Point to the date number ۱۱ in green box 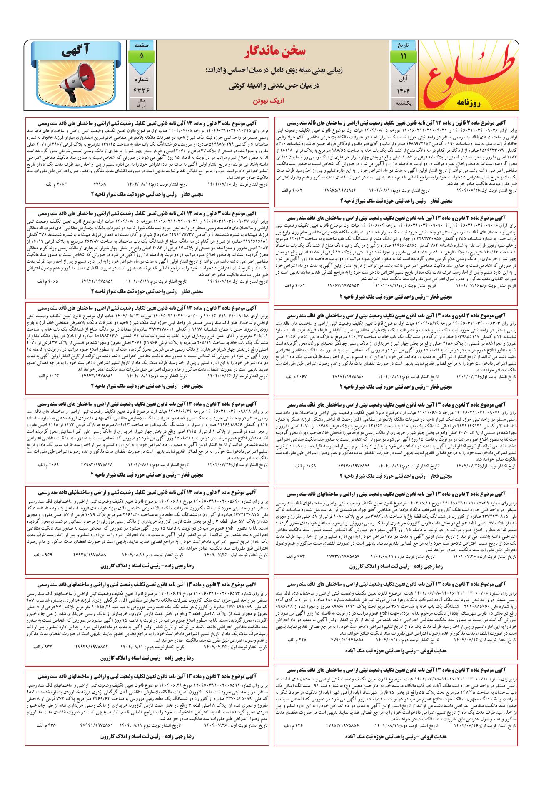click(403, 57)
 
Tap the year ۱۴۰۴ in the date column click(403, 90)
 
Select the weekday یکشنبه click(403, 103)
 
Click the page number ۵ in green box click(142, 55)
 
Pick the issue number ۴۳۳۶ click(142, 90)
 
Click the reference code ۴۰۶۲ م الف click(292, 190)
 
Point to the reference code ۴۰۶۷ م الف click(296, 376)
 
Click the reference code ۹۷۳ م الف click(294, 557)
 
